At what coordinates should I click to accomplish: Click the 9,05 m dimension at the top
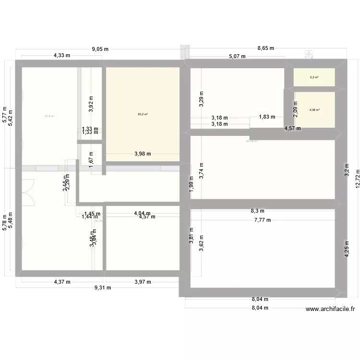[100, 48]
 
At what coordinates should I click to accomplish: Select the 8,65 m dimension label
[265, 48]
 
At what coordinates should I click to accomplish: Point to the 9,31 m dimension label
[102, 288]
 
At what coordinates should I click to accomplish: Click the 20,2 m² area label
[143, 114]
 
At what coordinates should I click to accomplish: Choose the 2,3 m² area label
[314, 77]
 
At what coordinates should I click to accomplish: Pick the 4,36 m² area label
[314, 110]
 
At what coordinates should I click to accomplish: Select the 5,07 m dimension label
[237, 56]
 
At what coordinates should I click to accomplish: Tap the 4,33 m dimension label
[62, 56]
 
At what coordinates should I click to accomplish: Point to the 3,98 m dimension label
[143, 154]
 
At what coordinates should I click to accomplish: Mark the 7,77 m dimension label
[263, 220]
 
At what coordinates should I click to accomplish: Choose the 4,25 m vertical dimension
[347, 250]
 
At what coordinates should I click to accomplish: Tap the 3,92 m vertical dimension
[91, 104]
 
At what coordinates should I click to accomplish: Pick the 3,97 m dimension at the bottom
[142, 282]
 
